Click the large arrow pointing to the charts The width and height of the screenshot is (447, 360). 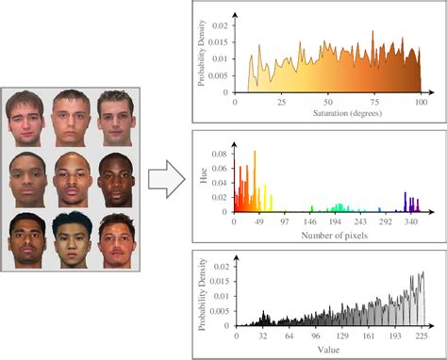click(167, 180)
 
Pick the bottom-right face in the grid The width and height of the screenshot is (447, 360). click(116, 237)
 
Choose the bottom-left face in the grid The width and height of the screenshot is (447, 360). click(28, 237)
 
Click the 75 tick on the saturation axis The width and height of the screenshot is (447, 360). click(373, 100)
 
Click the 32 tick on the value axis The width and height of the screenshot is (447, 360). click(264, 335)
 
